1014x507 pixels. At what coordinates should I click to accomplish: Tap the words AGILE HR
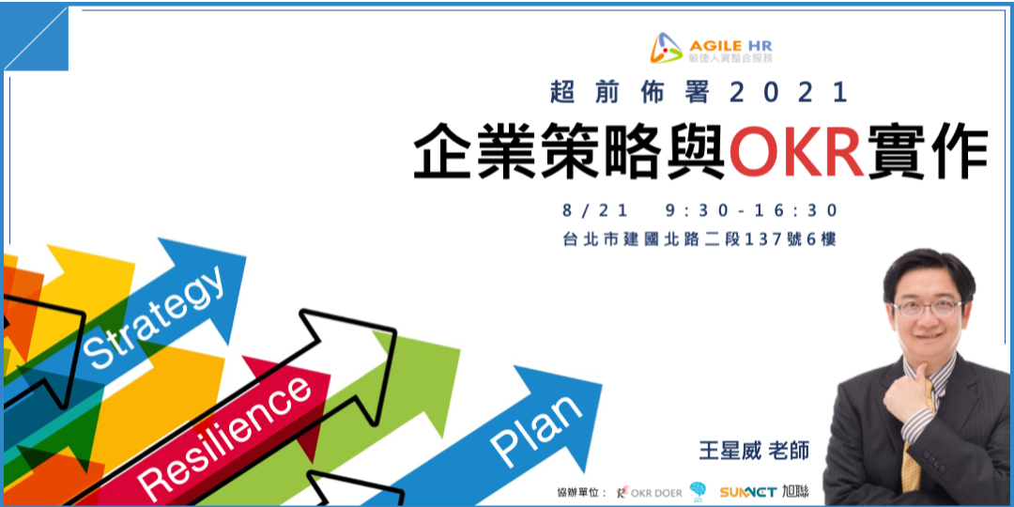(x=731, y=42)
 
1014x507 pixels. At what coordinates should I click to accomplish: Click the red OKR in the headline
(x=797, y=154)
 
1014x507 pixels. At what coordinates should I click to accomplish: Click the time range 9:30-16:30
(x=751, y=210)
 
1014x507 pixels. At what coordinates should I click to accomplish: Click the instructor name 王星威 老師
(x=753, y=450)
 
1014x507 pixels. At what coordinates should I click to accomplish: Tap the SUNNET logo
(x=748, y=491)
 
